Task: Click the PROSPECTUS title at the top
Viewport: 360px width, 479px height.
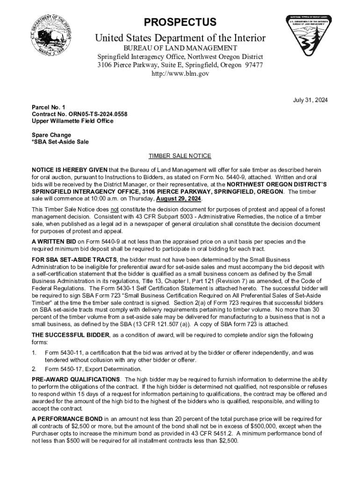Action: click(x=180, y=22)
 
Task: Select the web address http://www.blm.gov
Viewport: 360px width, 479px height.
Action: click(x=180, y=73)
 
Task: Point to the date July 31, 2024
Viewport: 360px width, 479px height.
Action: click(x=310, y=100)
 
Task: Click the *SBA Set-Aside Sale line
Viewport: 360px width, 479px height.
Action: click(x=60, y=142)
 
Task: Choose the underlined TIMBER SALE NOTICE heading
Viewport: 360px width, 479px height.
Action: click(x=180, y=156)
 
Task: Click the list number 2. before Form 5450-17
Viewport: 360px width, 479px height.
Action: click(x=34, y=369)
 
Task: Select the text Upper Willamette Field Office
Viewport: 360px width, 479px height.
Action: click(x=72, y=121)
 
